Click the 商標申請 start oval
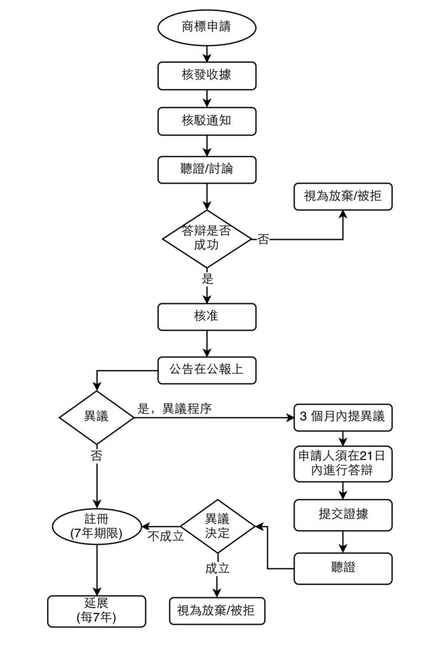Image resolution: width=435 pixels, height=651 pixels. pos(207,29)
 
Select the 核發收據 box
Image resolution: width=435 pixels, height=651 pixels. pos(207,75)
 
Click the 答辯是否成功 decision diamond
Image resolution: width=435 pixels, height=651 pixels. pos(207,238)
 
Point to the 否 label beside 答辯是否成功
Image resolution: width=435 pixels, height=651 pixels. pos(262,240)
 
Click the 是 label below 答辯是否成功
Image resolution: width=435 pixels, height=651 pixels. pos(207,278)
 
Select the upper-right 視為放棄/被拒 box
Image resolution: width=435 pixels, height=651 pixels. pos(343,196)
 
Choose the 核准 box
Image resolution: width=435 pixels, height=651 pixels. pos(207,316)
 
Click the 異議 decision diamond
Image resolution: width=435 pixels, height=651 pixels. pos(97,417)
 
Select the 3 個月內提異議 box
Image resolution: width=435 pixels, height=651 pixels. pos(343,417)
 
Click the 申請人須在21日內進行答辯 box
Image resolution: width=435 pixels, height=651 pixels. pos(343,464)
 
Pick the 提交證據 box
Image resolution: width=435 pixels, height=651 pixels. pos(343,514)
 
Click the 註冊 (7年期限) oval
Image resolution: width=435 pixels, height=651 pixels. pos(97,527)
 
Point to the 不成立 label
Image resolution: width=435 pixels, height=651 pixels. pos(166,536)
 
